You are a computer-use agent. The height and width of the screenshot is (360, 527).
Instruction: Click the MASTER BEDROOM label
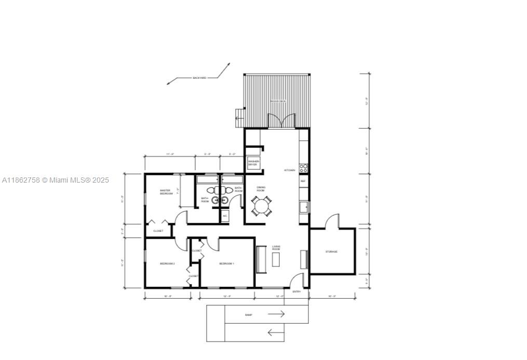[166, 192]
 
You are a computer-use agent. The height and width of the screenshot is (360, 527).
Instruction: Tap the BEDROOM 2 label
[167, 264]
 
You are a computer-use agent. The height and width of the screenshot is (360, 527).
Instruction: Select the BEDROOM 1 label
[226, 264]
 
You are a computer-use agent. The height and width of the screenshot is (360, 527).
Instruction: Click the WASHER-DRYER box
[253, 163]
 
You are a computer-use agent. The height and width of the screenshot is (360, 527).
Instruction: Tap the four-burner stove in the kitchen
[304, 168]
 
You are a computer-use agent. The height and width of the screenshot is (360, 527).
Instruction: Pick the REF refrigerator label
[303, 181]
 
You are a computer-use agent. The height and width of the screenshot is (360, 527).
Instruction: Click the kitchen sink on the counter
[304, 207]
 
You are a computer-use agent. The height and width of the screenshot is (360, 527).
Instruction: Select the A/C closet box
[225, 216]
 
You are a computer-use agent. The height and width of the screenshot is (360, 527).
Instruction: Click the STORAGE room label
[331, 252]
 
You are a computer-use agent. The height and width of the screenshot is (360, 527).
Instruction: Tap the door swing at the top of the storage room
[332, 221]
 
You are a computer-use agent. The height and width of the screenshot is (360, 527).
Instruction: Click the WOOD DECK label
[277, 101]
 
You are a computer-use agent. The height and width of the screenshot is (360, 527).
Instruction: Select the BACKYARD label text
[199, 78]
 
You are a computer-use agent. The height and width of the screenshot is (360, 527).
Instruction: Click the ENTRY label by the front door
[296, 292]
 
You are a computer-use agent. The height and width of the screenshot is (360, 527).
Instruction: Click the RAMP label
[249, 315]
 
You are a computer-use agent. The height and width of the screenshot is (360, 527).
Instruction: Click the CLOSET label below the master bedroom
[158, 231]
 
